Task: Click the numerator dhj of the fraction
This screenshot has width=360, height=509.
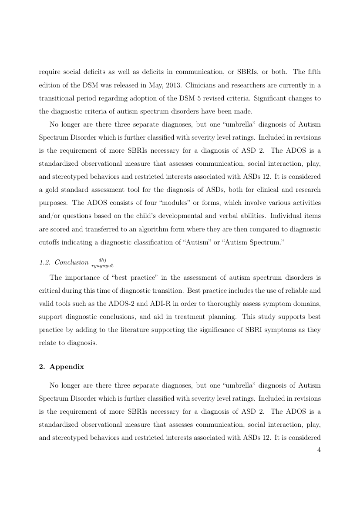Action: point(103,260)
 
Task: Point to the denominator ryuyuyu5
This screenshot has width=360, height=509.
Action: point(103,265)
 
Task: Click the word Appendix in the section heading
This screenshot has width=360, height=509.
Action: point(67,366)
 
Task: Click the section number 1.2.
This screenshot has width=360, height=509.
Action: point(44,263)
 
